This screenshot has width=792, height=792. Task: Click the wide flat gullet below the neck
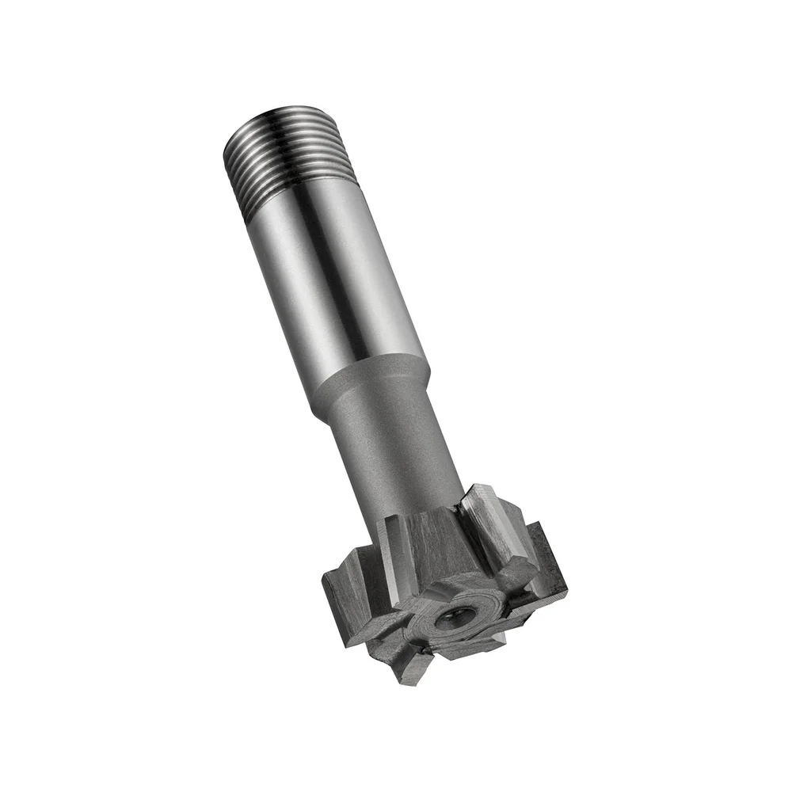(432, 546)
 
